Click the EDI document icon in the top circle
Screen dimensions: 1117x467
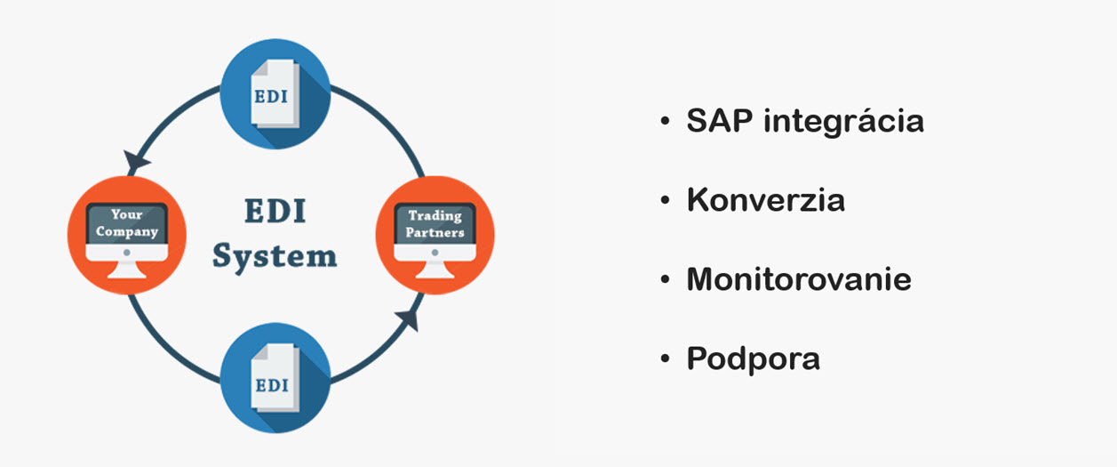tap(275, 93)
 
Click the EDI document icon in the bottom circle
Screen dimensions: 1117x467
tap(275, 378)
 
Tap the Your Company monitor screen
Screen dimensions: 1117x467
tap(127, 223)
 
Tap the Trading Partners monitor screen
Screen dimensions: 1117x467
tap(435, 223)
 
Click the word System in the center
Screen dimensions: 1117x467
tap(275, 257)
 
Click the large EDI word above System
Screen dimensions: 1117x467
tap(275, 211)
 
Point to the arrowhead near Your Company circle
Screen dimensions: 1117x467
tap(136, 161)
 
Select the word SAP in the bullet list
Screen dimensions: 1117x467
tap(720, 121)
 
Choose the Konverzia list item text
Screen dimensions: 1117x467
tap(765, 200)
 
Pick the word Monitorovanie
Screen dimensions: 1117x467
tap(799, 279)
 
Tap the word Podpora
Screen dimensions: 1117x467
tap(753, 359)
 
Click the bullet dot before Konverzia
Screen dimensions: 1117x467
tap(665, 200)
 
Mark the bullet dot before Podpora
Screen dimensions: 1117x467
tap(665, 358)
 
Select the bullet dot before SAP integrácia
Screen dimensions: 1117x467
tap(665, 121)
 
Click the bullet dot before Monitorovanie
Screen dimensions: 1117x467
tap(665, 279)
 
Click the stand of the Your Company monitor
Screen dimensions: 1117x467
tap(127, 270)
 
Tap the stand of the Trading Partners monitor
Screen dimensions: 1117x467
tap(435, 270)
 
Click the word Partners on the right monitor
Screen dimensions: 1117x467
tap(435, 232)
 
